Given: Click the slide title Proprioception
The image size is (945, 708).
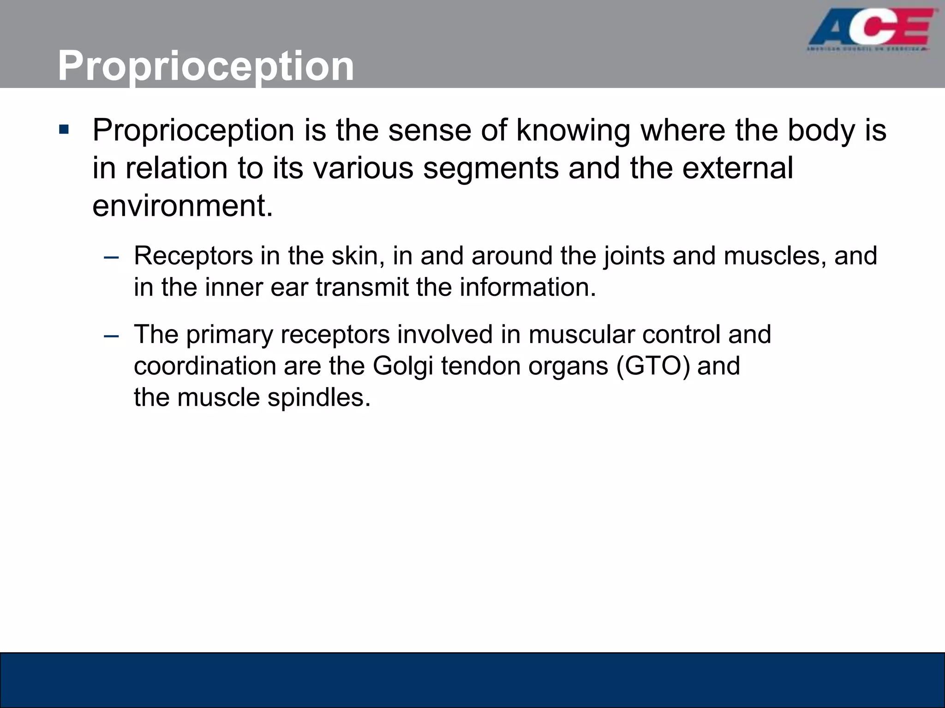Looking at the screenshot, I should point(206,66).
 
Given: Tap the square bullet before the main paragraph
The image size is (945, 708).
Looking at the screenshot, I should point(64,130).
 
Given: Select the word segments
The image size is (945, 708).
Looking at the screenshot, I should point(490,168).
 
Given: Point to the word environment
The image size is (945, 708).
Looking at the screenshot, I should point(182,206).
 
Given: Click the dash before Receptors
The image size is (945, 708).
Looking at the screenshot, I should point(111,257).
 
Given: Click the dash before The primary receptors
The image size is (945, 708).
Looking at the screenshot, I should point(111,336).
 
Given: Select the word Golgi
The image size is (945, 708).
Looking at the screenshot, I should point(403,367).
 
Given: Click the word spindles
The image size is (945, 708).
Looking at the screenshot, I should point(319,398).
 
